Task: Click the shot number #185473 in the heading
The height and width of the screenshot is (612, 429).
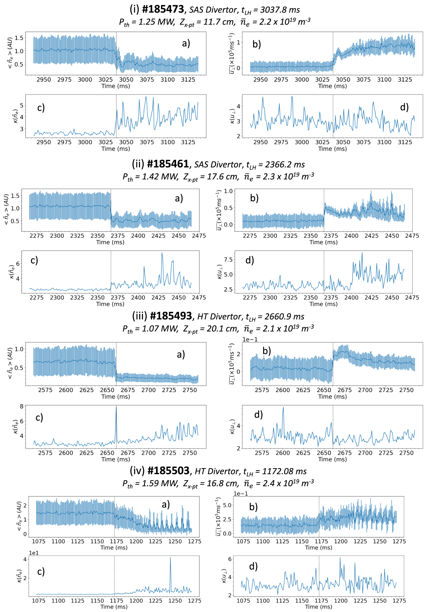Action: [163, 9]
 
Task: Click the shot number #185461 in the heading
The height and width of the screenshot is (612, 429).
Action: [168, 164]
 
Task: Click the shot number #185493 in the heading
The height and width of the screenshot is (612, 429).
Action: [171, 316]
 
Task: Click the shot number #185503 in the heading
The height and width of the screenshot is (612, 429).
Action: [168, 470]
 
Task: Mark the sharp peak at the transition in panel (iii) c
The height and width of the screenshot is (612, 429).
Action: [116, 407]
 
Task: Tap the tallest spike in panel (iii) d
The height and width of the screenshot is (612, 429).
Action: [283, 407]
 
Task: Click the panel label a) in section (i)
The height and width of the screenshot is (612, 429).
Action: [186, 43]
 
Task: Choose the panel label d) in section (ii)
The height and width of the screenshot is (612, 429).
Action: [250, 260]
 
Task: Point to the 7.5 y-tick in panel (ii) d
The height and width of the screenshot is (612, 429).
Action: [228, 259]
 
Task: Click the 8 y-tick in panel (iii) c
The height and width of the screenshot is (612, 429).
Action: [22, 407]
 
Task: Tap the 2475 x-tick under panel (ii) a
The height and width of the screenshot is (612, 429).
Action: [199, 236]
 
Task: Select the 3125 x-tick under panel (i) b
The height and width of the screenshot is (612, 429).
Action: [405, 79]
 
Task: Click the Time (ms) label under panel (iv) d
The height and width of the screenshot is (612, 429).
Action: [319, 606]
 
